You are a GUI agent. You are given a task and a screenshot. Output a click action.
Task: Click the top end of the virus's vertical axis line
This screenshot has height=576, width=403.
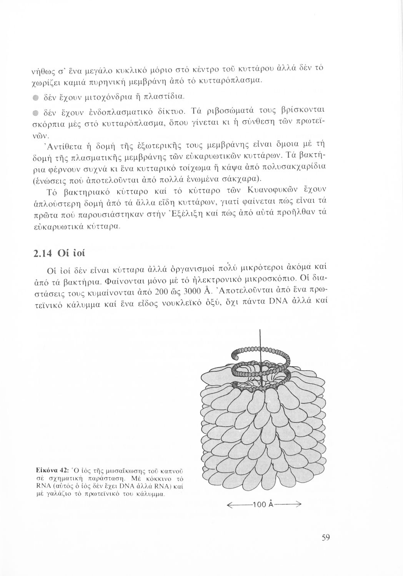260,331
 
